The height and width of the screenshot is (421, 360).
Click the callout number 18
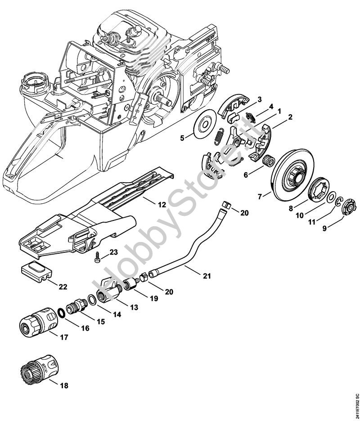pos(64,385)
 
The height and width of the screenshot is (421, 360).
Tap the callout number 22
pos(63,287)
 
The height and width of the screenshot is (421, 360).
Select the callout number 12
pos(162,205)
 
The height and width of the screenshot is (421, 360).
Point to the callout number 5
pos(182,139)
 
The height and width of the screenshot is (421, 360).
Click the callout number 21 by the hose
pos(207,276)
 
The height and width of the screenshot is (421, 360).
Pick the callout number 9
pos(324,228)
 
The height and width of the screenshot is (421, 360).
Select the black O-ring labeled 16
pos(61,313)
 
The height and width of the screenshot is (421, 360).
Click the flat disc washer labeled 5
pos(205,124)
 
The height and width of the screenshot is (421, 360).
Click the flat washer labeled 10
pos(331,197)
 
